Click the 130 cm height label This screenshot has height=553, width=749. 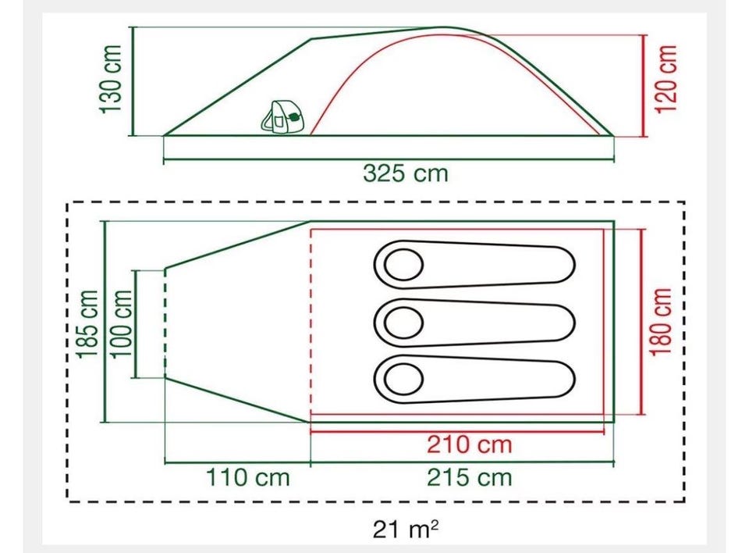pos(112,80)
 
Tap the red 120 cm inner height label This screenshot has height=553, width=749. pos(667,80)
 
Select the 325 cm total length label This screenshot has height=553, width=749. pos(406,173)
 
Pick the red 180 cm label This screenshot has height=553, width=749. pos(662,322)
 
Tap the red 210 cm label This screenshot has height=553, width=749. pos(469,444)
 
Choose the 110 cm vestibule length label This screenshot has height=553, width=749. pos(248,477)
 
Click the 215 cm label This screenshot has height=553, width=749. pos(469,477)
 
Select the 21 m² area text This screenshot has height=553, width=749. pos(406,529)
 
